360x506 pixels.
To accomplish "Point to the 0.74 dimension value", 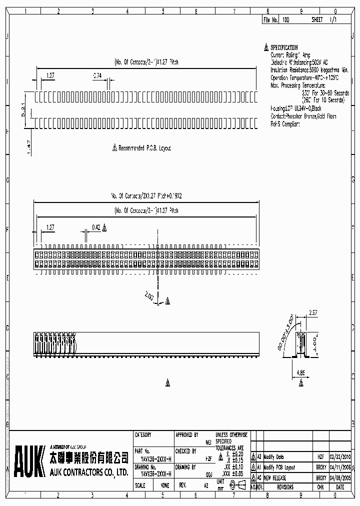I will (x=97, y=75).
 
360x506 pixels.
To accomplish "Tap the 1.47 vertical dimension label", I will (x=29, y=145).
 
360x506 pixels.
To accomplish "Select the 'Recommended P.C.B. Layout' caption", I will (x=144, y=148).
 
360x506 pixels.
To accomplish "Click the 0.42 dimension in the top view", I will (x=96, y=227).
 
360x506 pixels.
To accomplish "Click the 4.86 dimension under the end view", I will (x=300, y=372).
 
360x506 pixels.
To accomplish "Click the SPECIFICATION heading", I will (x=284, y=47).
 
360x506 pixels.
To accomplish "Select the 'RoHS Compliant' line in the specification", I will (x=285, y=123).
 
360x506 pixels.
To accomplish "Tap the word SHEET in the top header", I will (x=317, y=20).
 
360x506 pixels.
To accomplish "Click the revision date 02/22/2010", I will (x=340, y=457).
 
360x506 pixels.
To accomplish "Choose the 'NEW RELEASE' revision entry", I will (x=275, y=478).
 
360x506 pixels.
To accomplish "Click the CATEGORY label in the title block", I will (x=143, y=435).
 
